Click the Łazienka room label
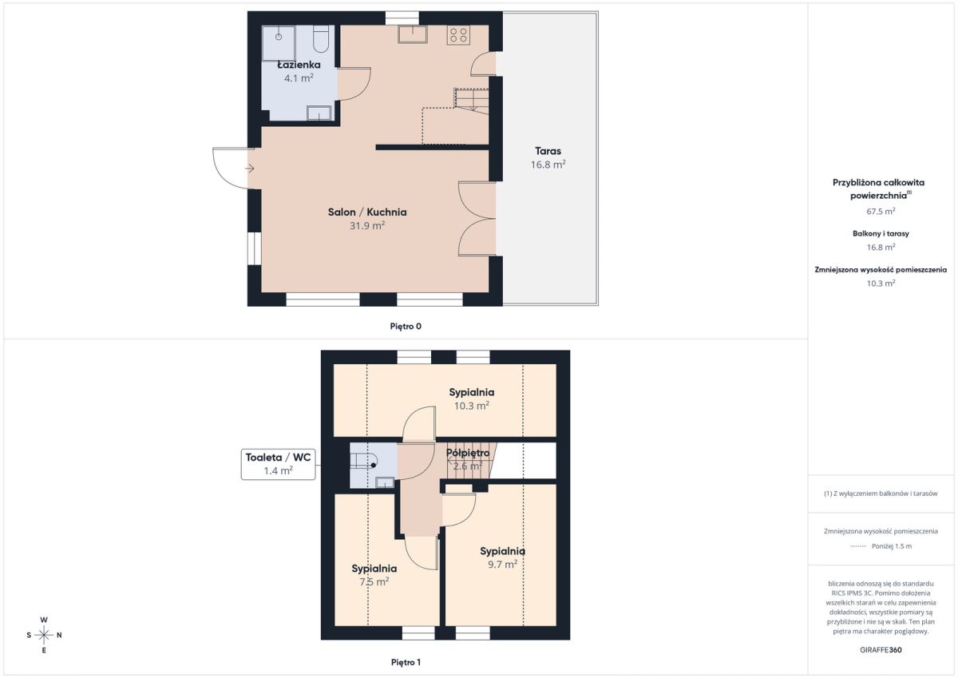coord(299,65)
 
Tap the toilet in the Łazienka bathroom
coord(321,38)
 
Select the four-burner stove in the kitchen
coord(458,35)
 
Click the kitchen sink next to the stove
coord(412,34)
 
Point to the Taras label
coord(548,151)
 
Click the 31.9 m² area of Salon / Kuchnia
coord(367,225)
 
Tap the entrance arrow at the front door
coord(250,169)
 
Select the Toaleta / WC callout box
coord(278,464)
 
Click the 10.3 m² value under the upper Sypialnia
coord(471,406)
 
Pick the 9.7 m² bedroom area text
coord(502,565)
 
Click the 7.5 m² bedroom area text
coord(374,581)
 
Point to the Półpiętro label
coord(468,453)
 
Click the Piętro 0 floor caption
coord(406,327)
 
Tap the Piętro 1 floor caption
coord(406,662)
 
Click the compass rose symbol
coord(44,635)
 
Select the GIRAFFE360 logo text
coord(881,650)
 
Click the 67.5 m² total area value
coord(881,212)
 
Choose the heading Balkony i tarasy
coord(881,233)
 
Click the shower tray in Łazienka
coord(279,43)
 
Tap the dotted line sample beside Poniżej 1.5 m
coord(858,546)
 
